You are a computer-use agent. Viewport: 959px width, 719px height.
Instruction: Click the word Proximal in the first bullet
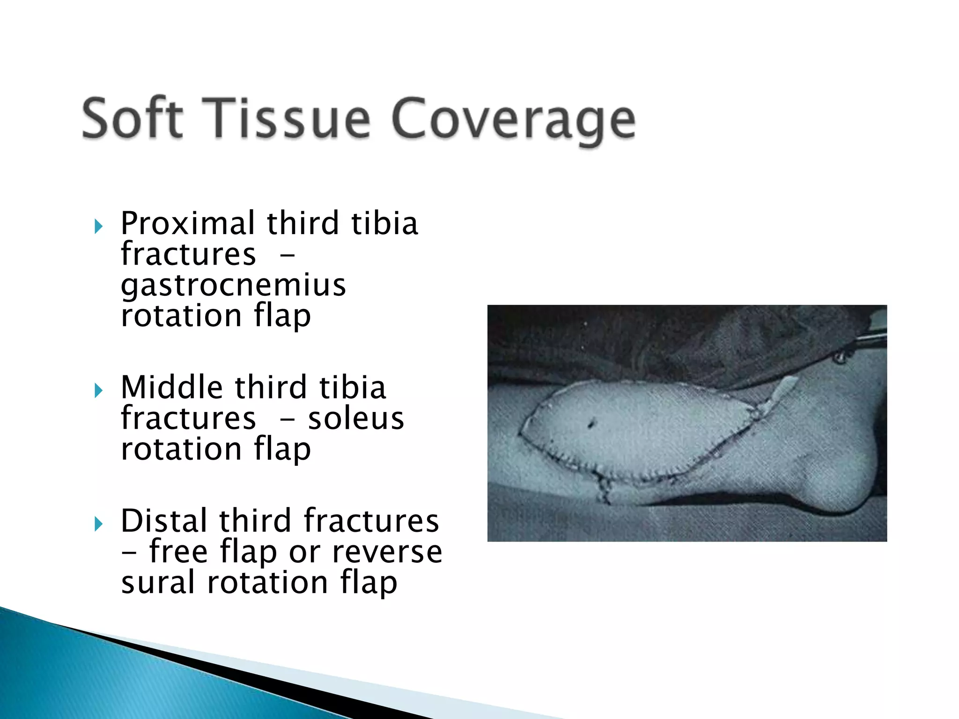coord(187,223)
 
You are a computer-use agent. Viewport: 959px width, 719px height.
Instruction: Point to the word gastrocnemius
coord(233,286)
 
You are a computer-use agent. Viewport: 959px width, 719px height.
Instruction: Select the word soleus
coord(356,418)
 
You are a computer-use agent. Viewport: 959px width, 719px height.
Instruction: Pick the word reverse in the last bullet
coord(387,552)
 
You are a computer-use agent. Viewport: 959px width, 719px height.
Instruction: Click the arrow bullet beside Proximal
coord(98,227)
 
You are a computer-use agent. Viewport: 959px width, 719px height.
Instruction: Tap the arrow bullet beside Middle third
coord(98,390)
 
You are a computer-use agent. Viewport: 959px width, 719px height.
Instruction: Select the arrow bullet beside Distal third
coord(98,524)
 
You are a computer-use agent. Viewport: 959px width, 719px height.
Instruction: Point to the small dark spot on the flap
coord(591,424)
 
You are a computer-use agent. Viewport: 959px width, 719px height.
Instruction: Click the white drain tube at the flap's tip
coord(782,389)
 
